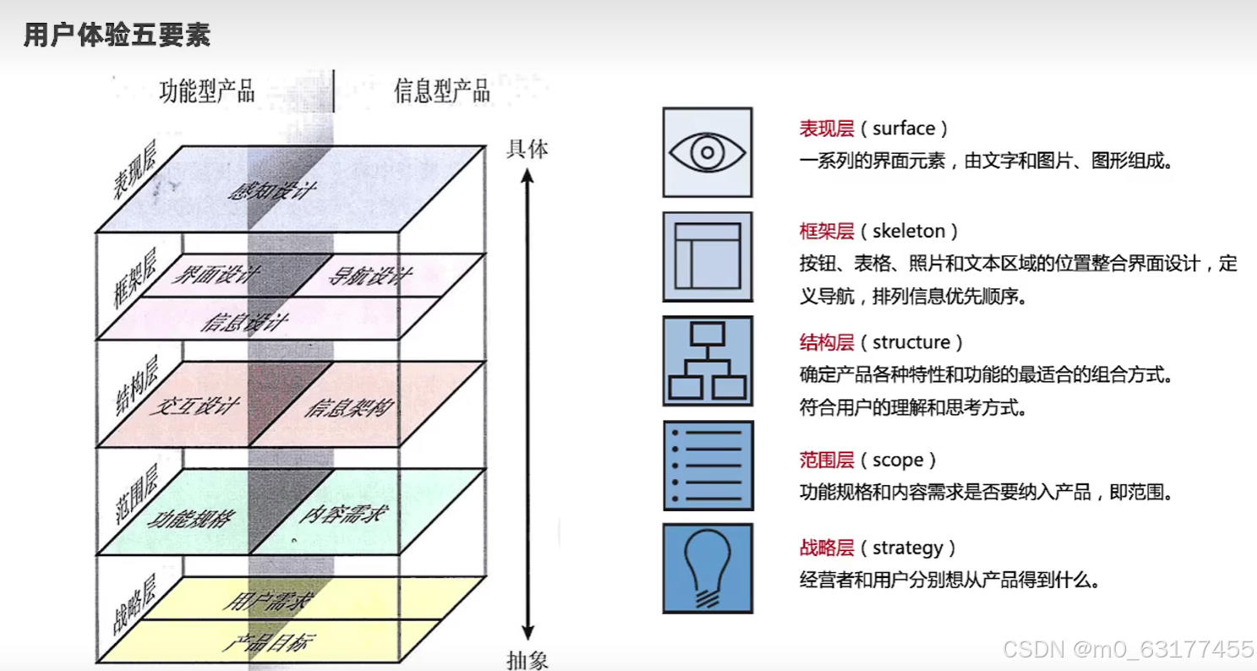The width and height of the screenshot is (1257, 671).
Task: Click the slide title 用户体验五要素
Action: point(117,36)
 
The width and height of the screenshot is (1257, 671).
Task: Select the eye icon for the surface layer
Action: point(708,152)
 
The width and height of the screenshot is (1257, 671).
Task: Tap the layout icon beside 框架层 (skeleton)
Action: point(708,257)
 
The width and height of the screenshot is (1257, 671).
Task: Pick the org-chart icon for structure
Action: point(708,362)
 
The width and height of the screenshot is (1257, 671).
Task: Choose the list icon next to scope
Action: point(708,466)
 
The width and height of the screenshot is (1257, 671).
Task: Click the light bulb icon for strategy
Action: point(708,568)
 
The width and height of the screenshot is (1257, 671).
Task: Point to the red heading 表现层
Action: point(827,128)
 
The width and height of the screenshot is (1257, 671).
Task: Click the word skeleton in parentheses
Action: point(903,231)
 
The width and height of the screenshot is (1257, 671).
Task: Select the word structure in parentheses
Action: point(910,342)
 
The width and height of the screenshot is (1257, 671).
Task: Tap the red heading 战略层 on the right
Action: point(827,548)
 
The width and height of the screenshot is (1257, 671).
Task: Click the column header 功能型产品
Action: point(207,91)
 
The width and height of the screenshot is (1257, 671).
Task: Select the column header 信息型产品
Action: point(441,91)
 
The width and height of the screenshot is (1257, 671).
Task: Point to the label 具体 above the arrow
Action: point(527,150)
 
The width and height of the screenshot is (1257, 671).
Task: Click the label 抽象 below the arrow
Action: point(527,660)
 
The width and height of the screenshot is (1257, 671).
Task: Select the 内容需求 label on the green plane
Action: point(342,514)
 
